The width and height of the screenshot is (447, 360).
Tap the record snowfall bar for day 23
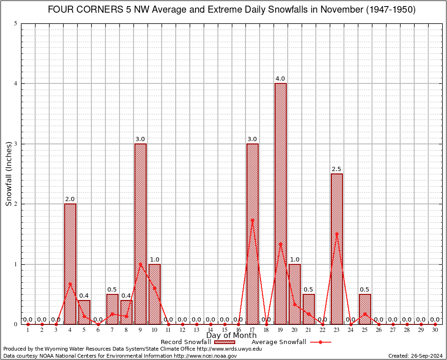point(337,248)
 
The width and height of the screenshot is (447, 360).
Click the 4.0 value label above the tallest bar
point(281,79)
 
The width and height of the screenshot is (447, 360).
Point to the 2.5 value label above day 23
point(337,169)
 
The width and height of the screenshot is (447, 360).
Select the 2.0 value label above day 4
point(70,199)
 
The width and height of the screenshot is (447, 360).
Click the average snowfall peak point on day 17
point(253,219)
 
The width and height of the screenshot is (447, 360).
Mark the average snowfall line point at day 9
point(140,263)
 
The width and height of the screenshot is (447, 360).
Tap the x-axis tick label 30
point(435,330)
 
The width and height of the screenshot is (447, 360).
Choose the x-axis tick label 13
point(196,330)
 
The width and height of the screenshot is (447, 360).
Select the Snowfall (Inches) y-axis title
point(9,173)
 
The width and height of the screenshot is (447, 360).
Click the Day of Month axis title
point(231,335)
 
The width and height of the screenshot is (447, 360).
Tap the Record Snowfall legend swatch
point(224,342)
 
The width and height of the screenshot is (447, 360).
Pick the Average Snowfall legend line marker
point(320,342)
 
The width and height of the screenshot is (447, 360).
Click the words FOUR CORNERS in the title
point(85,10)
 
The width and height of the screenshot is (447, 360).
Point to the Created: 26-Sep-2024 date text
point(416,356)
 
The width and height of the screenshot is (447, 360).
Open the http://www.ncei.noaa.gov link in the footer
point(205,356)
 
